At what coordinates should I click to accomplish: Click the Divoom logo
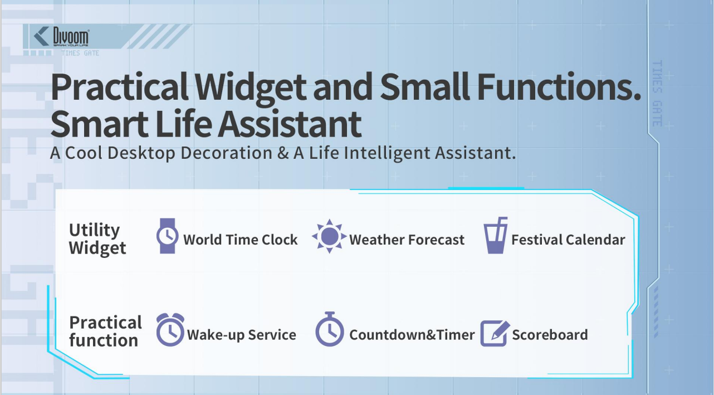(x=61, y=37)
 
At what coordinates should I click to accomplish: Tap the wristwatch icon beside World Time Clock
(x=167, y=236)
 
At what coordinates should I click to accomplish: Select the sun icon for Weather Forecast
(x=329, y=236)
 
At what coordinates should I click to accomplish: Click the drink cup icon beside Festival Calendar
(x=495, y=235)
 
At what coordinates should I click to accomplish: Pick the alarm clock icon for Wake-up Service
(x=170, y=330)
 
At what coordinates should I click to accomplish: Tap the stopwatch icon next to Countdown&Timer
(x=330, y=329)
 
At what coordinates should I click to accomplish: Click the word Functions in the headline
(x=559, y=87)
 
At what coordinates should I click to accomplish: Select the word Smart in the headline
(x=99, y=124)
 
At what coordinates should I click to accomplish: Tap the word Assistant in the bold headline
(x=290, y=124)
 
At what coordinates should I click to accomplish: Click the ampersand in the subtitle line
(x=283, y=153)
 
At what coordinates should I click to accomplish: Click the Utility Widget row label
(x=97, y=239)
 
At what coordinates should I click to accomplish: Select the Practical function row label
(x=105, y=331)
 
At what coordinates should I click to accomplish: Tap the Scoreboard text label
(x=550, y=335)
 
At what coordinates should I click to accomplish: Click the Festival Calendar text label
(x=568, y=240)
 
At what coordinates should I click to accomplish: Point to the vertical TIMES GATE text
(x=657, y=94)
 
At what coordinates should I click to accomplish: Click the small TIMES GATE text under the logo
(x=80, y=53)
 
